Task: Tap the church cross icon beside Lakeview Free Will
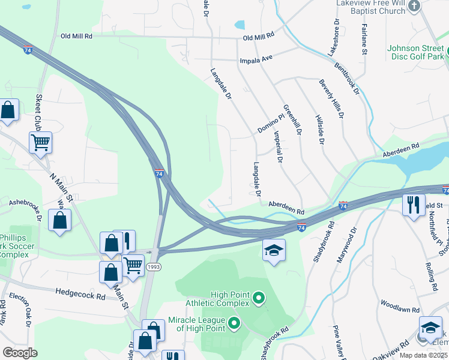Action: (414, 6)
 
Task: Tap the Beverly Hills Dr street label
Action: (333, 98)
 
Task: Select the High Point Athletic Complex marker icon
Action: (259, 297)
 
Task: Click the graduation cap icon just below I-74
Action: (274, 250)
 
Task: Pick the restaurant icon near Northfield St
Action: (414, 205)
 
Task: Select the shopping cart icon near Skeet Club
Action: (40, 143)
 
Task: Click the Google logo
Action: (20, 352)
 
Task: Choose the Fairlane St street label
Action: (364, 40)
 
